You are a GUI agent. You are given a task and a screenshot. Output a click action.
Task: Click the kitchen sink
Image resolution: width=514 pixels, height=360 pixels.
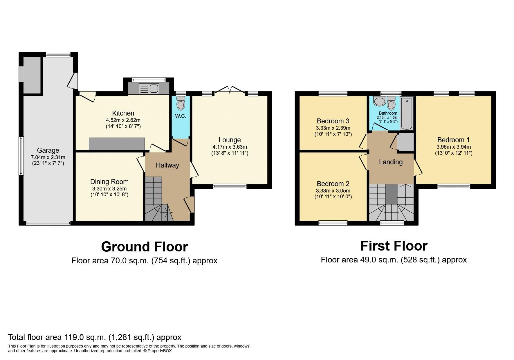tap(149, 89)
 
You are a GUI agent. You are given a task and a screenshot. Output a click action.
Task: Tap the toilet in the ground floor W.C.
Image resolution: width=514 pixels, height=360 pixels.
tap(181, 104)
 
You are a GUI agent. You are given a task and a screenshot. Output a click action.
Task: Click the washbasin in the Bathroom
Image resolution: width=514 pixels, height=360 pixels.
tap(379, 102)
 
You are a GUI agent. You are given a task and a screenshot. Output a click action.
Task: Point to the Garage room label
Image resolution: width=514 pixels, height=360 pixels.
tap(48, 150)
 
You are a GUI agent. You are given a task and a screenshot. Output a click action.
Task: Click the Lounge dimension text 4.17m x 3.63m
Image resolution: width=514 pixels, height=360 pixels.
tap(230, 147)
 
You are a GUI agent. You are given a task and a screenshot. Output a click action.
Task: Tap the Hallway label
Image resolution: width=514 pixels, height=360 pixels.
tap(167, 165)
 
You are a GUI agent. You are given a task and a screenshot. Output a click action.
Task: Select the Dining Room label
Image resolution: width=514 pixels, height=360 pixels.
tap(109, 182)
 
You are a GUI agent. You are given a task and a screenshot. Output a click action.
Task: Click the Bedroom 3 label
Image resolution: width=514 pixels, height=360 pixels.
tap(333, 121)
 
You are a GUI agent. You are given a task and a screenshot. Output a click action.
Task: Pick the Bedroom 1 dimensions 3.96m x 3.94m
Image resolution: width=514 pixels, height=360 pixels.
tap(453, 147)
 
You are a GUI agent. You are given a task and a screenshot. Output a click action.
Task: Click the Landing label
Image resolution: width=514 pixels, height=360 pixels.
tap(391, 162)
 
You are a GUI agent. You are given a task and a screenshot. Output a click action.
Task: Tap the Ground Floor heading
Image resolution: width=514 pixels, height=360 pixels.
tap(144, 247)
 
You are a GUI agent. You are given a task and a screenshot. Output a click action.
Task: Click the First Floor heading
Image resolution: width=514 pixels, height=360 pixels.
tap(394, 246)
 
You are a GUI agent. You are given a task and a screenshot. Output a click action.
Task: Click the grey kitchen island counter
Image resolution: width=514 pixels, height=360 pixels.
tap(117, 144)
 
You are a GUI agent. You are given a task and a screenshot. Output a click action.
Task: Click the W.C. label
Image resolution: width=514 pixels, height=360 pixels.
tap(181, 116)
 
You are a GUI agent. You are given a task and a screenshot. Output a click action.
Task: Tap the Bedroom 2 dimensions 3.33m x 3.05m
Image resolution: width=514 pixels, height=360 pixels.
tap(333, 191)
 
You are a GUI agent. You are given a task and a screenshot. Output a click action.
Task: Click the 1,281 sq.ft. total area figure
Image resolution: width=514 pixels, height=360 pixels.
tap(132, 337)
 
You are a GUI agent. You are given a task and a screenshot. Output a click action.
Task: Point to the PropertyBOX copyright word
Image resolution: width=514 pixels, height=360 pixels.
tap(160, 351)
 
